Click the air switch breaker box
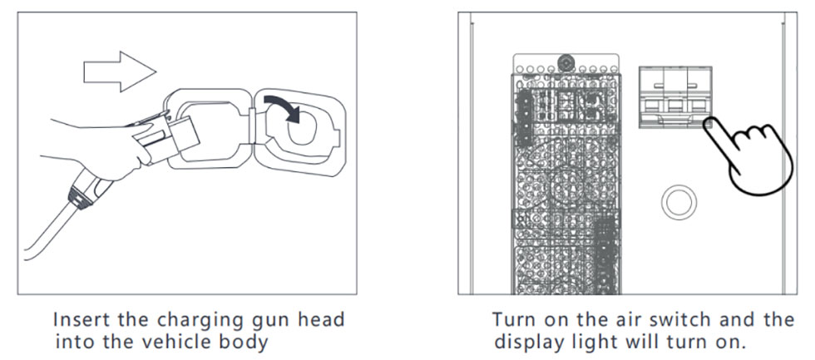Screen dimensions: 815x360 tap(674, 96)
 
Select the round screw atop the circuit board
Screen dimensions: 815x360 tap(566, 63)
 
